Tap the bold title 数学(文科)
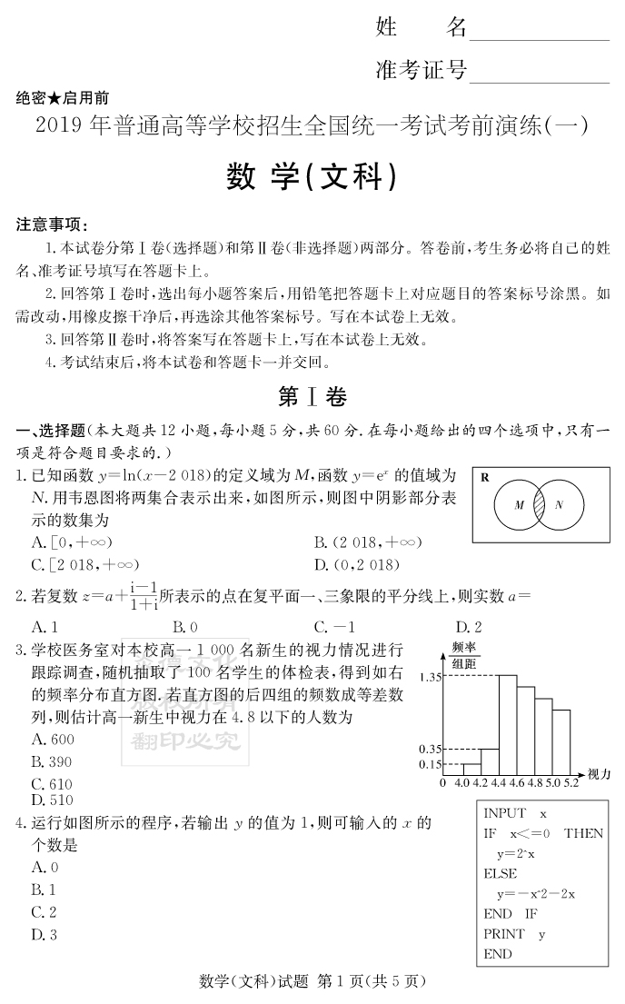[312, 177]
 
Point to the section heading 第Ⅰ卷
[312, 397]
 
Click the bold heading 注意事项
[54, 224]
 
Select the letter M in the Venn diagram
[519, 504]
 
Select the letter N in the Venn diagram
[559, 504]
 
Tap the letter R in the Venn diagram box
[484, 477]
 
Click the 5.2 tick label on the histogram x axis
[570, 781]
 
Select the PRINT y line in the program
[514, 933]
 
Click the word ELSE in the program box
[500, 873]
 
